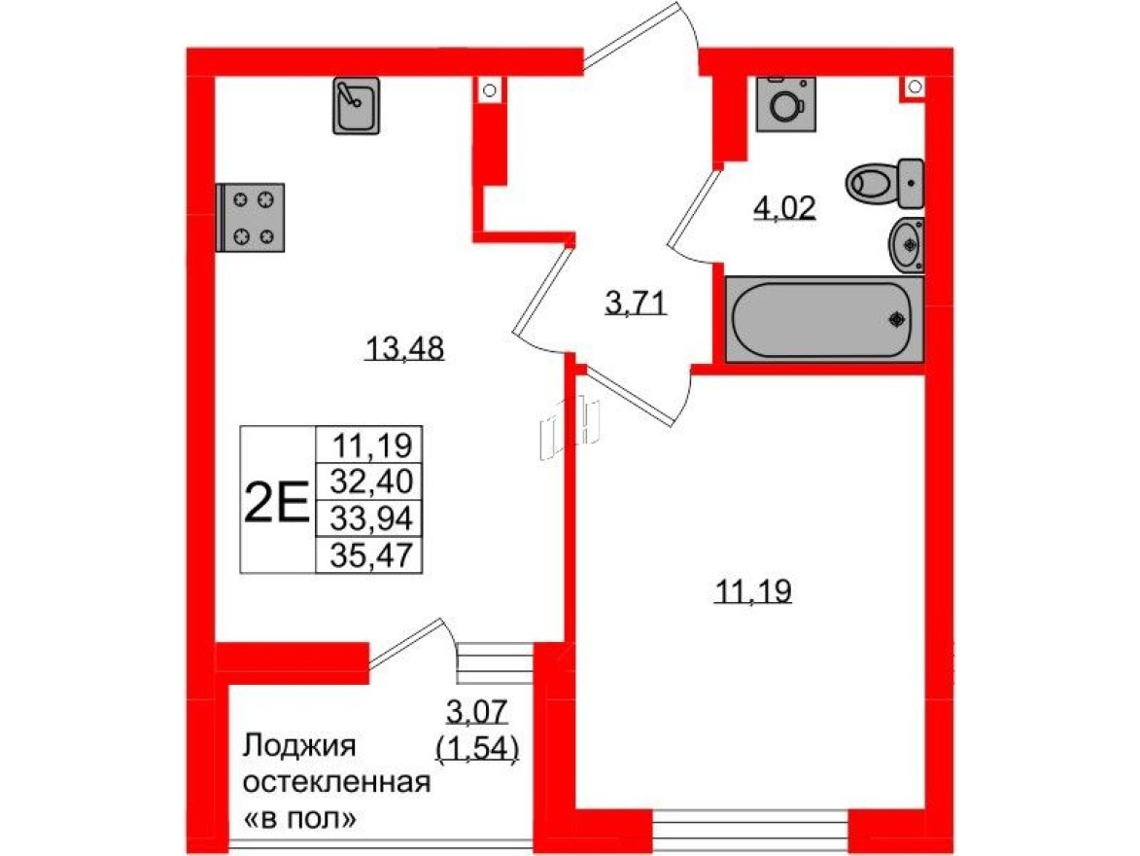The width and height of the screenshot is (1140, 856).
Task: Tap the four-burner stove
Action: [252, 216]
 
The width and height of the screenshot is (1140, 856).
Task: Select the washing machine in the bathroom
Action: [783, 105]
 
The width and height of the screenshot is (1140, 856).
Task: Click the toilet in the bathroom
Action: [881, 182]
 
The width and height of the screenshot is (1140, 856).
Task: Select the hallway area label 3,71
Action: [635, 304]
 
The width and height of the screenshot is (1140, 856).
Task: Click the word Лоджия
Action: [300, 747]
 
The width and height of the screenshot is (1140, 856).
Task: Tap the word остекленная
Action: [335, 783]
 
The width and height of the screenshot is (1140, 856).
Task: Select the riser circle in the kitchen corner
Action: [490, 90]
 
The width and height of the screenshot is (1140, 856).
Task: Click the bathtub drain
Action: [897, 318]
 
